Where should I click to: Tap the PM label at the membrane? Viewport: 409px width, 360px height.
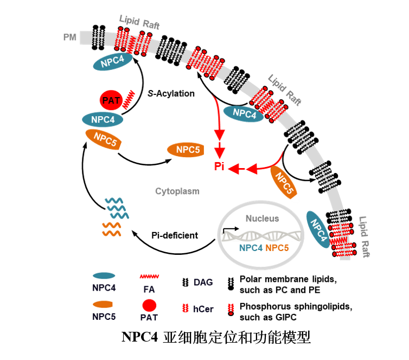click(70, 37)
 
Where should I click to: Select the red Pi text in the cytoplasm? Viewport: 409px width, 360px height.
click(219, 166)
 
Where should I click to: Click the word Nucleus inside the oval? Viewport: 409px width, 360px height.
click(262, 218)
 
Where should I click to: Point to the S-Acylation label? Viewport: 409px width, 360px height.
click(171, 93)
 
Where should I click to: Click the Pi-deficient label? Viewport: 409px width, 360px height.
click(174, 235)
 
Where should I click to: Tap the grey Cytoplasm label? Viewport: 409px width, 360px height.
click(177, 191)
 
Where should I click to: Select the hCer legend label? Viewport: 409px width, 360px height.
click(203, 309)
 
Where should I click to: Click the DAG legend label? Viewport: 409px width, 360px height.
click(203, 282)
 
